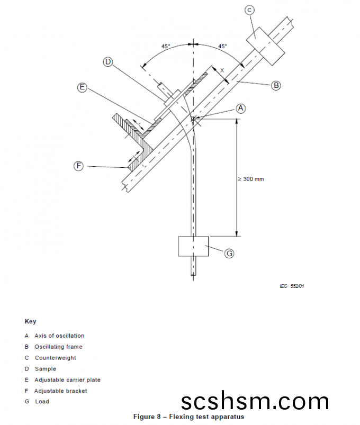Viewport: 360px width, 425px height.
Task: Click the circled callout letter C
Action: [x=250, y=10]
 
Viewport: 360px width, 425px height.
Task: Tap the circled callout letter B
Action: [x=276, y=85]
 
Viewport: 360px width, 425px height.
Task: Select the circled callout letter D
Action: [x=108, y=62]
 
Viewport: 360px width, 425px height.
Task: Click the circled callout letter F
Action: [x=78, y=166]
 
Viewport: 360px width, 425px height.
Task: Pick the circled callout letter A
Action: [x=241, y=108]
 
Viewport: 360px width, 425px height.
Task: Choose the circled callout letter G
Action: [x=229, y=254]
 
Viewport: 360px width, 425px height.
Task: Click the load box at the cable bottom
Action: [x=194, y=246]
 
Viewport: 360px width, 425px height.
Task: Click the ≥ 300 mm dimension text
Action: [x=251, y=179]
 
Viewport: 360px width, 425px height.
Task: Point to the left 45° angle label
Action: [x=166, y=47]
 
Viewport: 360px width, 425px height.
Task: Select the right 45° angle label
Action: [x=222, y=47]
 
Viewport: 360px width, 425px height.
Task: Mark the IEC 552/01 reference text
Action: [x=292, y=286]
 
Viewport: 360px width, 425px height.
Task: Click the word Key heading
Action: [x=30, y=321]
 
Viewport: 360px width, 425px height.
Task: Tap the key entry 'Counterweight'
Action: [x=55, y=358]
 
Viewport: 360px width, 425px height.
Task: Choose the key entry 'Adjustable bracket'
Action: [x=61, y=391]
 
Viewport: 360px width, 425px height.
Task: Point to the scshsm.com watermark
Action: [x=255, y=402]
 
